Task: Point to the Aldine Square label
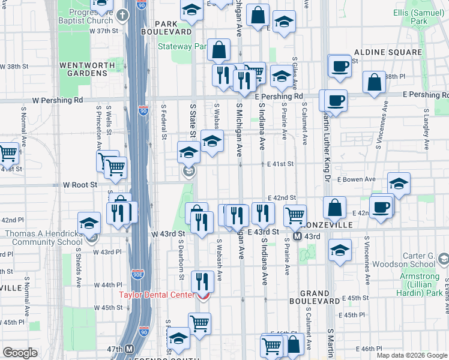(388, 53)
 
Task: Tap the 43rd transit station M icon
(297, 236)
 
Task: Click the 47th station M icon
(130, 349)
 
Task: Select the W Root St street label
(80, 185)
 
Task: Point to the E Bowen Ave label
(356, 179)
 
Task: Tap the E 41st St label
(277, 164)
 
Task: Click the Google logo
(20, 353)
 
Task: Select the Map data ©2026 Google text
(412, 355)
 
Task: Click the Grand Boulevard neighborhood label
(315, 295)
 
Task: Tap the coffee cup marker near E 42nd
(381, 207)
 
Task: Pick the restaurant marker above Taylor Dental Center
(202, 280)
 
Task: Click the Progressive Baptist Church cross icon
(122, 15)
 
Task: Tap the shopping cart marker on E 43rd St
(294, 215)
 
